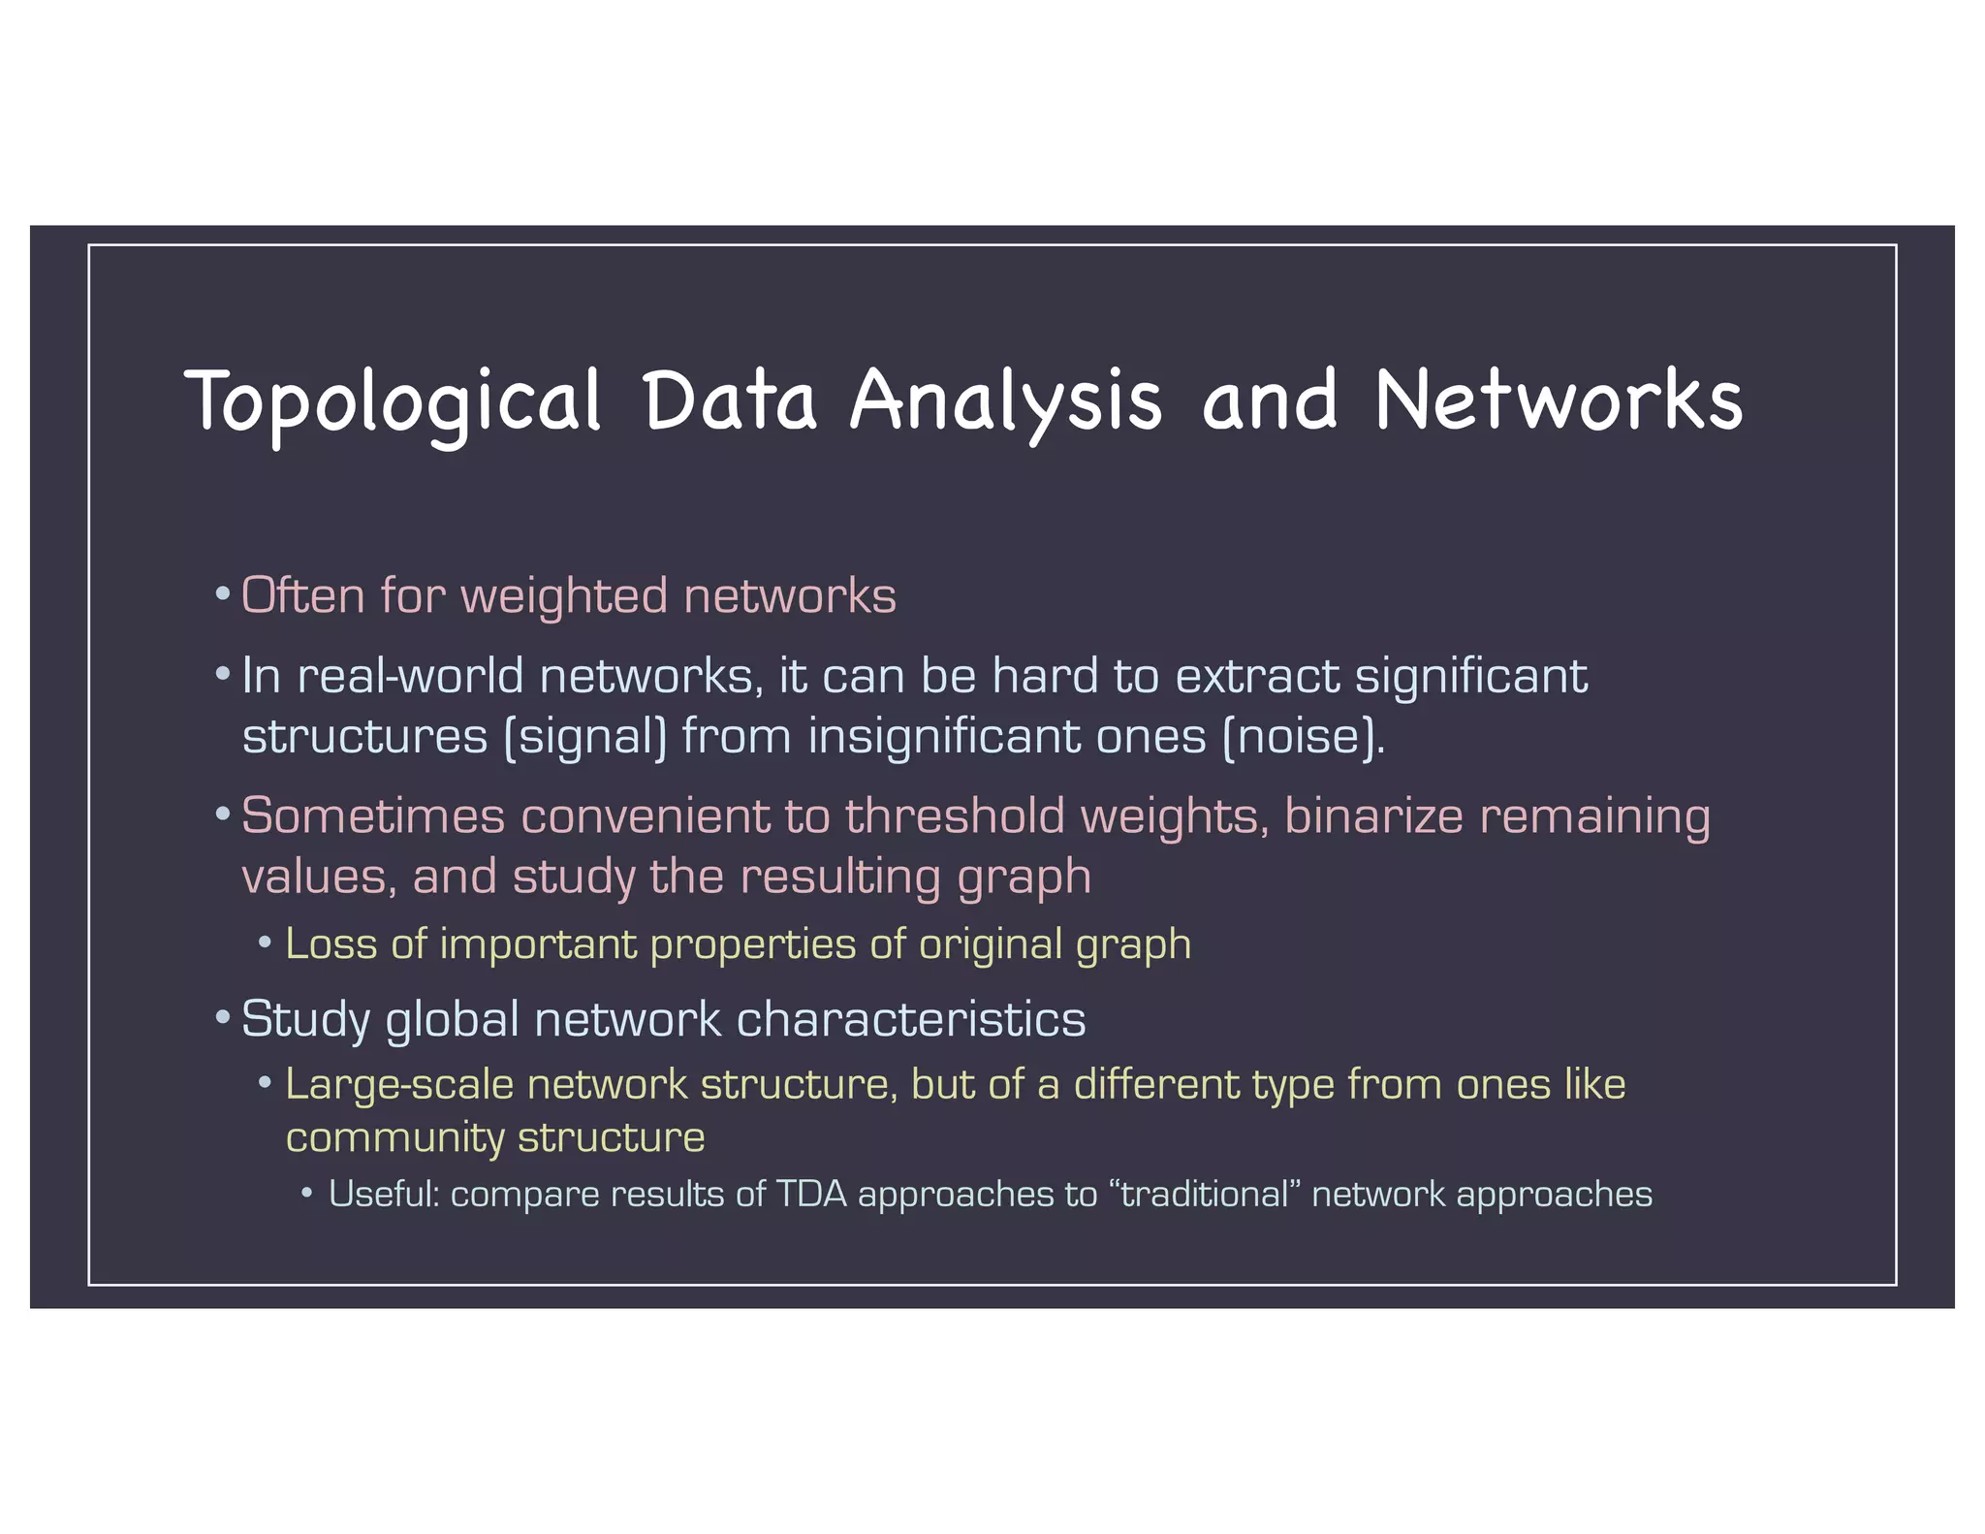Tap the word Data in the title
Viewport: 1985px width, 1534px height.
(x=730, y=400)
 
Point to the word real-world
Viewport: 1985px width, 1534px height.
(x=410, y=676)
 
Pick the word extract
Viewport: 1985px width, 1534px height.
(x=1257, y=676)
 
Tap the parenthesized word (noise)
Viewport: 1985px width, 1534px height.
(x=1303, y=736)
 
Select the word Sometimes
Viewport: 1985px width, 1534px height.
(x=373, y=815)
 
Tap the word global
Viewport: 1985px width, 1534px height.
(x=452, y=1020)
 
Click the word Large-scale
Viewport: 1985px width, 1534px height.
(x=399, y=1085)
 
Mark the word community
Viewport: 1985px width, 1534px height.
(x=394, y=1138)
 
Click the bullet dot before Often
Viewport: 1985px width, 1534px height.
(x=223, y=593)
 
